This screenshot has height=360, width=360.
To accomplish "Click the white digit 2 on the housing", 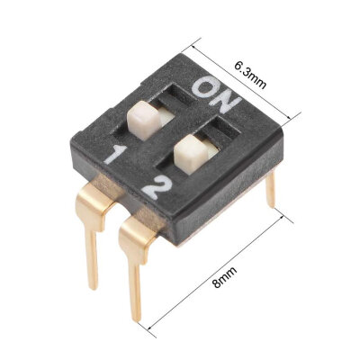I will click(152, 188).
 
